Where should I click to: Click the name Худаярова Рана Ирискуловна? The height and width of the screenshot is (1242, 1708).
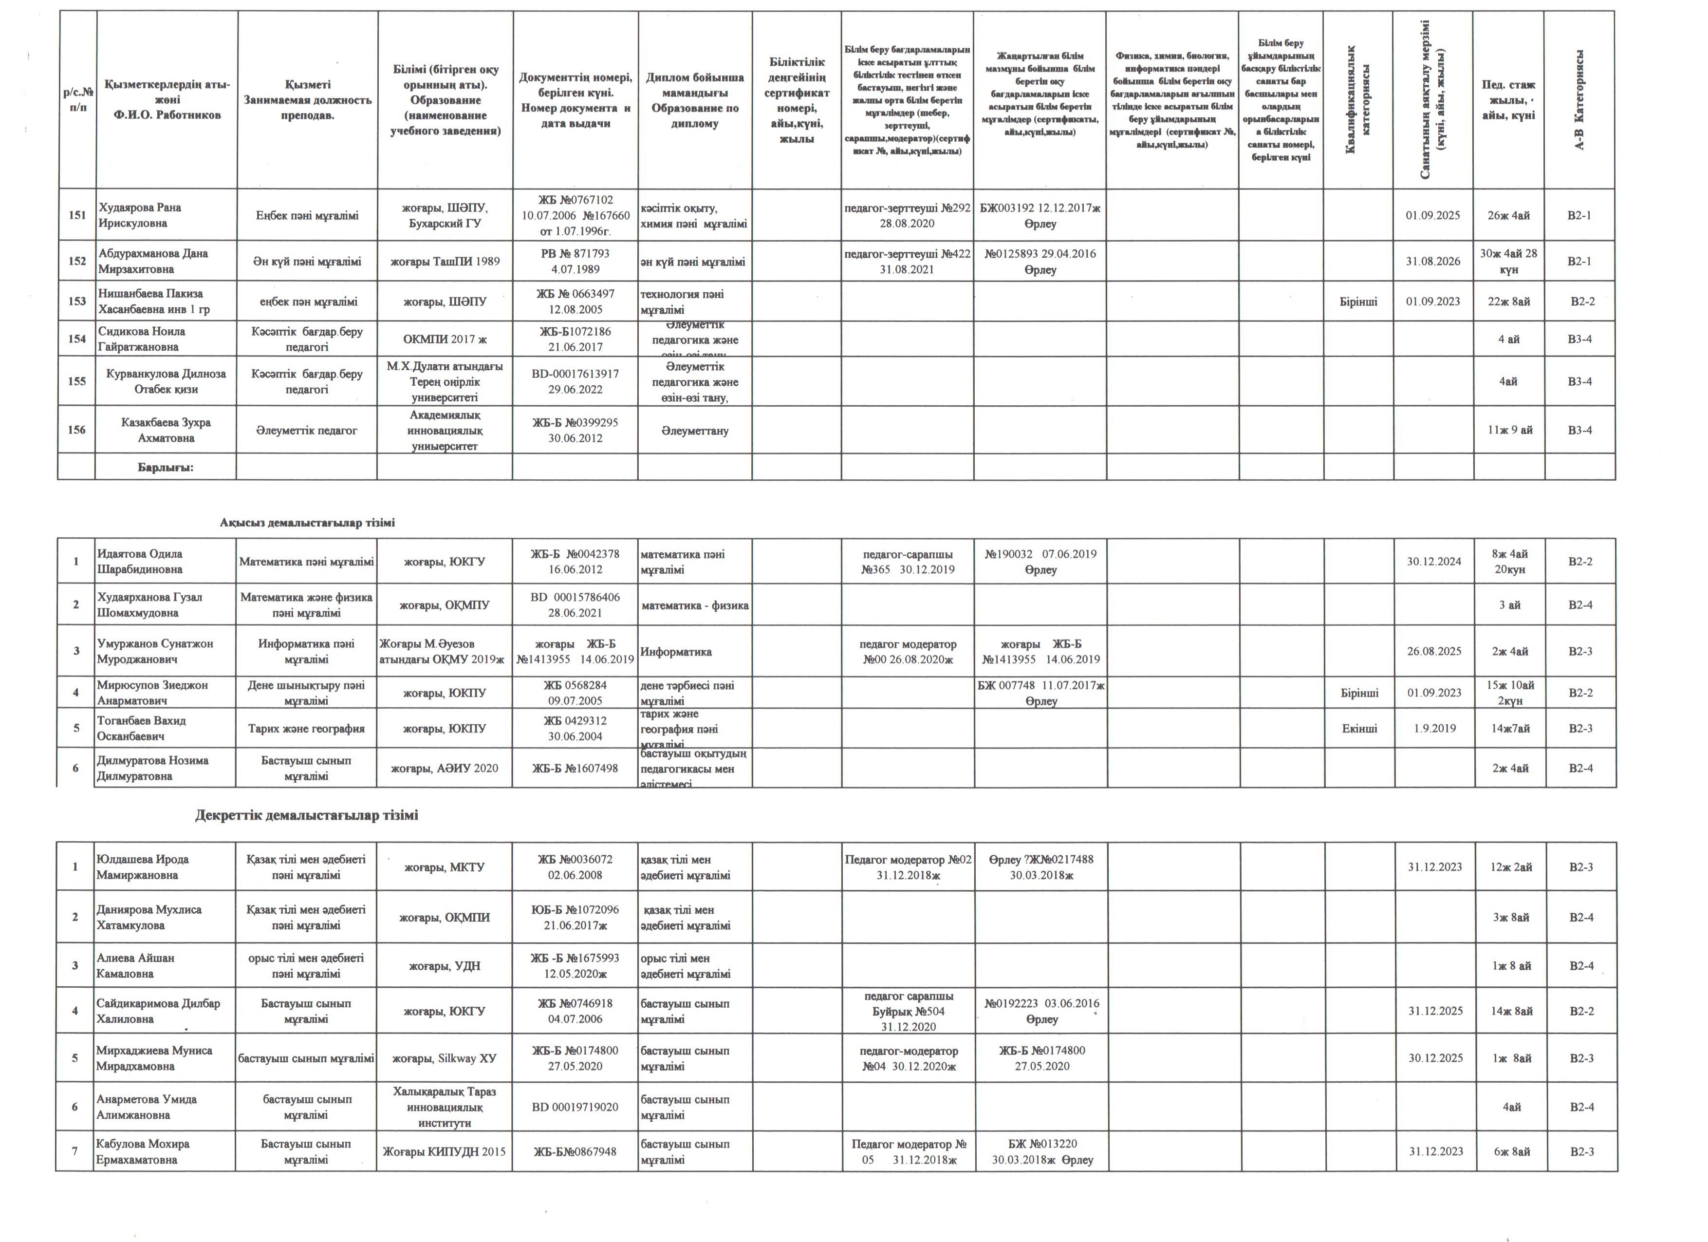tap(140, 215)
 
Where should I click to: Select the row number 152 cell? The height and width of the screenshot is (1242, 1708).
tap(77, 262)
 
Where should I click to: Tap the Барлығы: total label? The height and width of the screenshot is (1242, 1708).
tap(166, 468)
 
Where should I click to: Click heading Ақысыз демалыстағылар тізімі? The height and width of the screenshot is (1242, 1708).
tap(307, 523)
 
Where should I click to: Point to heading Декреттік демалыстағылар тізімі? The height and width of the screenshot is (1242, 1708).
tap(307, 816)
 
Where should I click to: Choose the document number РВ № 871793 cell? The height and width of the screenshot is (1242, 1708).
tap(576, 262)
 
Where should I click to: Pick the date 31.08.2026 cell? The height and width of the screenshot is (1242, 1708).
tap(1433, 262)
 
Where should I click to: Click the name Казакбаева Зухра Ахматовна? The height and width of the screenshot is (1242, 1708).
tap(166, 430)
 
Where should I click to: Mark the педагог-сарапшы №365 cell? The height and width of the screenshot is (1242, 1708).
tap(908, 562)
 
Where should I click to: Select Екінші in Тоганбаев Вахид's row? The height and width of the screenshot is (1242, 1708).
tap(1359, 728)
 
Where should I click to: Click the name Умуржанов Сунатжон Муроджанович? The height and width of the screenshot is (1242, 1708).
tap(155, 652)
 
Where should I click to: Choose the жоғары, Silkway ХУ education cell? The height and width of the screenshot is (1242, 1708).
tap(445, 1058)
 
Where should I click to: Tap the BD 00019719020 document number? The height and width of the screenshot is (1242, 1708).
tap(576, 1107)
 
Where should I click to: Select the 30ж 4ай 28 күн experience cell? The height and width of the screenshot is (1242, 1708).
tap(1508, 262)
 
